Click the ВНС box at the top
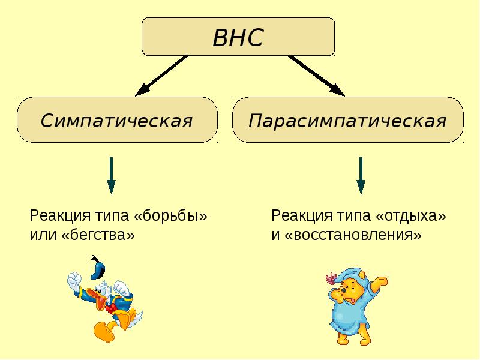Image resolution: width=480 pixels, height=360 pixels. [238, 37]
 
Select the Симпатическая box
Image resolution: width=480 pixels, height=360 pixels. [116, 121]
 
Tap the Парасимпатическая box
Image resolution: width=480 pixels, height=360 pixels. [347, 121]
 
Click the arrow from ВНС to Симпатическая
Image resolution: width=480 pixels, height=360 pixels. [161, 76]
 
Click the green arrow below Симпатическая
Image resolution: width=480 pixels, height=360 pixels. [112, 175]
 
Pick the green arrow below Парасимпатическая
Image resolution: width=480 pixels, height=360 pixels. [361, 175]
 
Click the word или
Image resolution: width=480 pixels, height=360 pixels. [43, 235]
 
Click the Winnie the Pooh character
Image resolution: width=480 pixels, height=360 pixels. [354, 306]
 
